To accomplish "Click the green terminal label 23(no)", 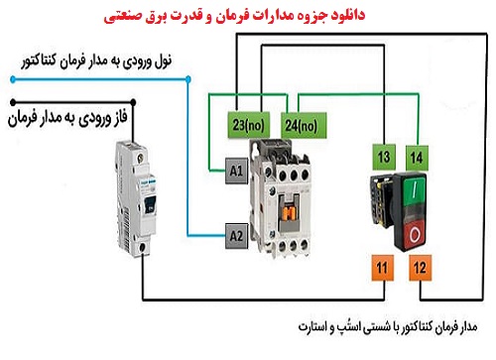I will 248,126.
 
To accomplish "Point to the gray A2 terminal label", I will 235,236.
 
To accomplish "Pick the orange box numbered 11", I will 384,266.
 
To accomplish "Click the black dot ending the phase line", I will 12,101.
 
